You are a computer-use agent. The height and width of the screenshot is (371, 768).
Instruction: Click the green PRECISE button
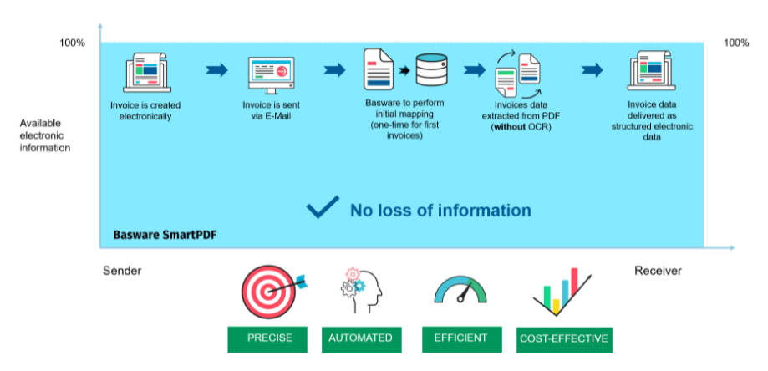(269, 338)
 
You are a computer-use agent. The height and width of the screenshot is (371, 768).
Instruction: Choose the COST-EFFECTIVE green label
(564, 339)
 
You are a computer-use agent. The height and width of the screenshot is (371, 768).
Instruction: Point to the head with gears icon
(362, 291)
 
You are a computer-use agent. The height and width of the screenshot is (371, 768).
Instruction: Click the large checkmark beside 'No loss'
(322, 209)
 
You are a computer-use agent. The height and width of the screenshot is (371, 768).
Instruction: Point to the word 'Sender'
(122, 271)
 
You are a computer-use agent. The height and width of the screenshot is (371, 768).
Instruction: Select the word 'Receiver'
(658, 271)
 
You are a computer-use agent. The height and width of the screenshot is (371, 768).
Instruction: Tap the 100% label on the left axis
(72, 43)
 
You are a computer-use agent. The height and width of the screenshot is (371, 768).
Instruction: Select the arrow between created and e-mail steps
(216, 70)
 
